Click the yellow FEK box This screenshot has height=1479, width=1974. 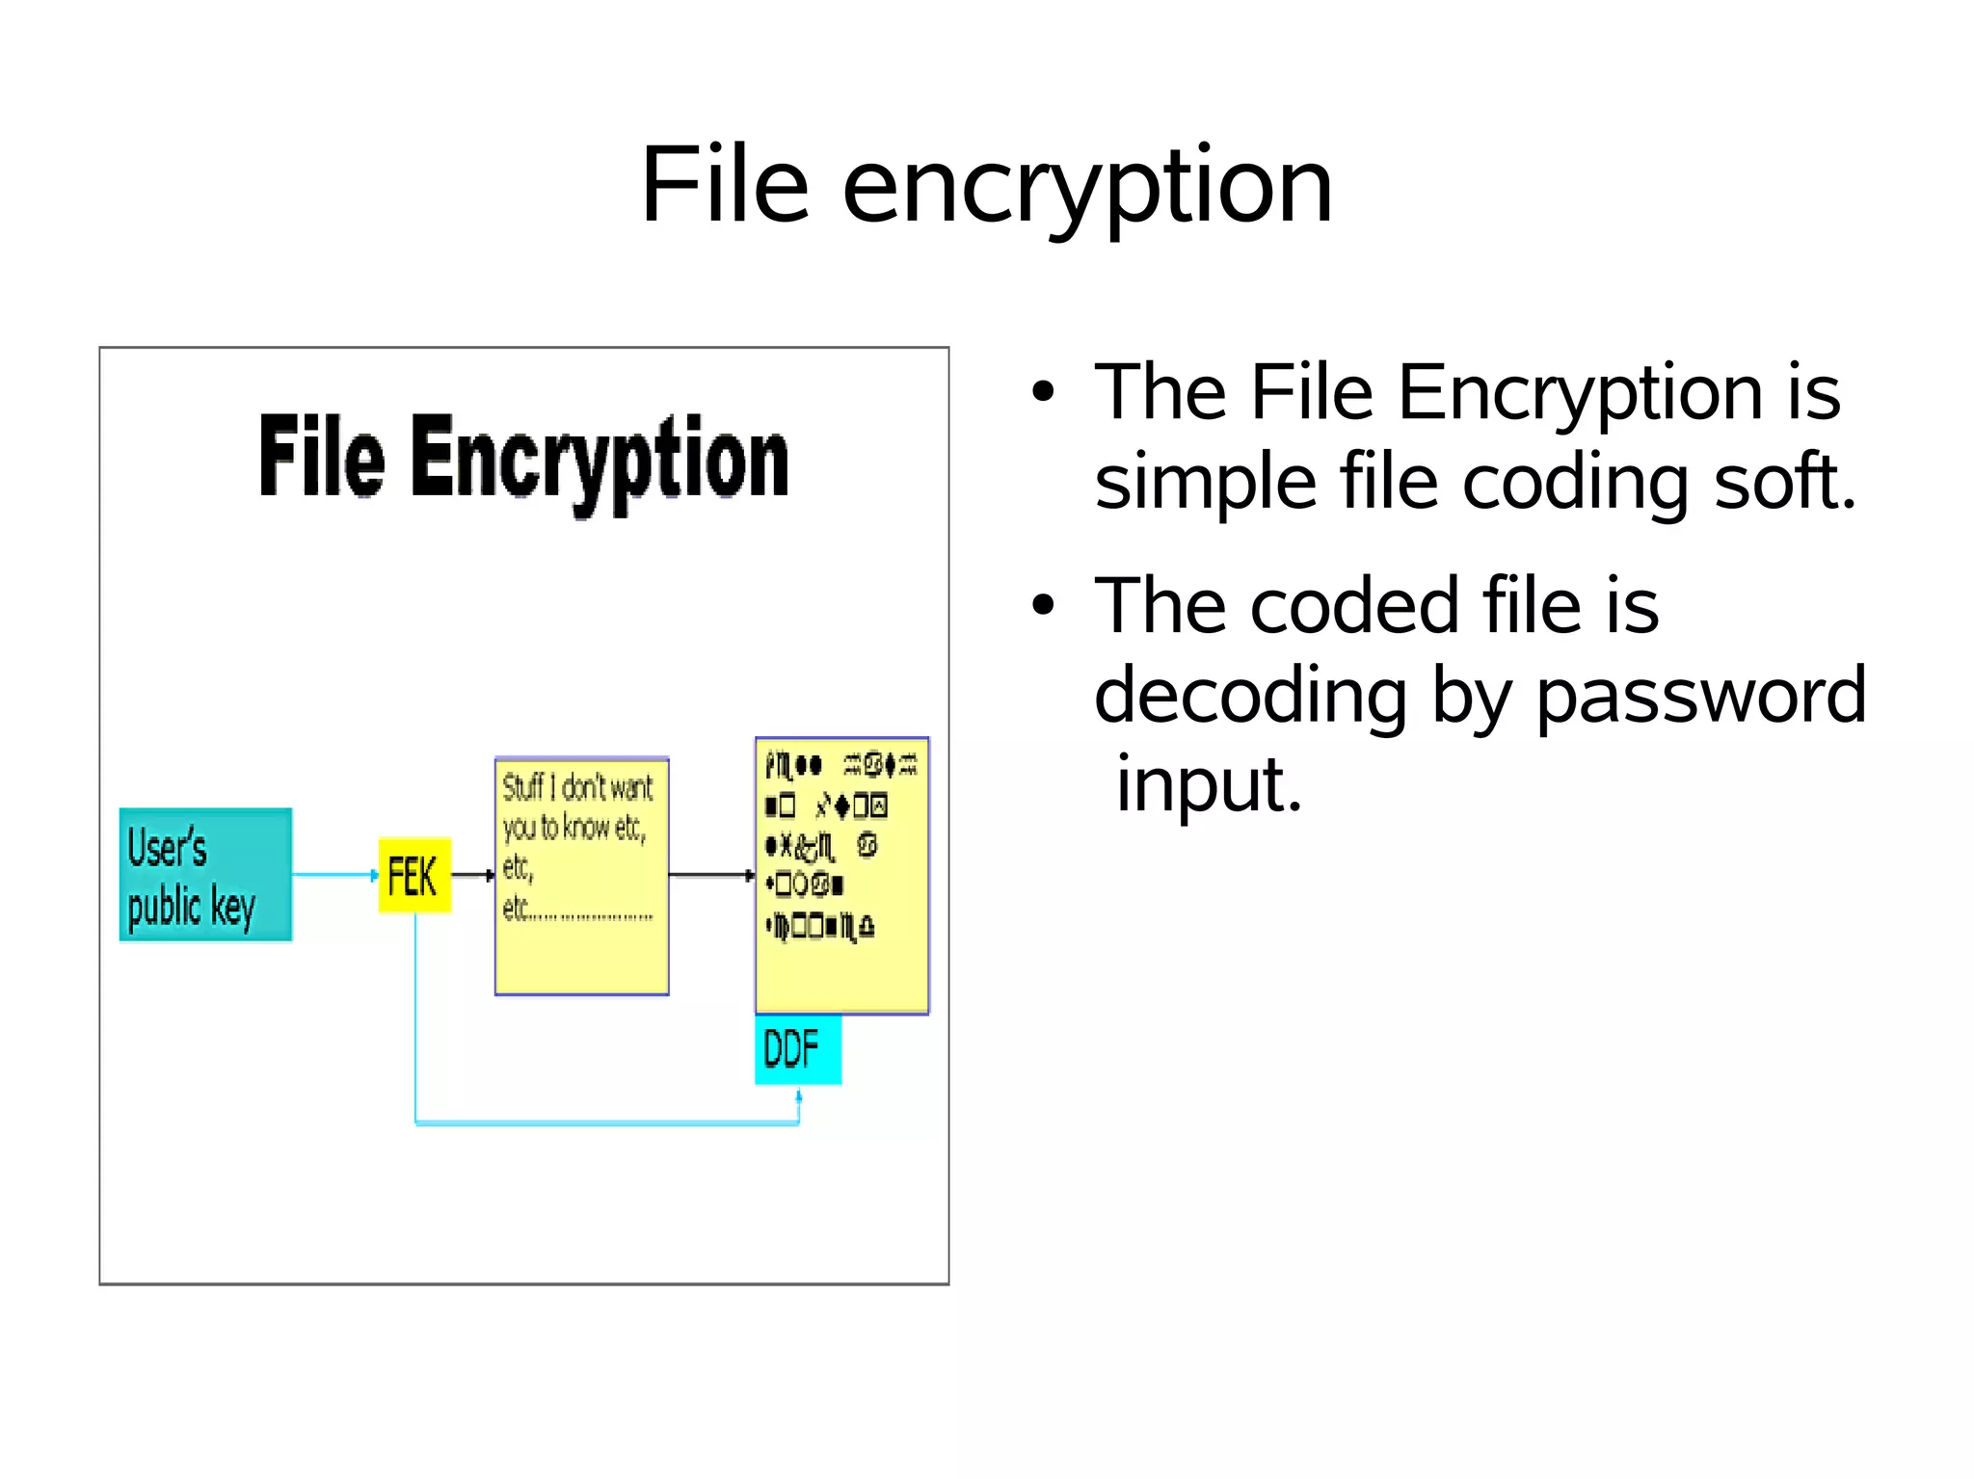point(414,875)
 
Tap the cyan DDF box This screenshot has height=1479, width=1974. point(797,1049)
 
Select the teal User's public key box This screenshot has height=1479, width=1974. point(205,875)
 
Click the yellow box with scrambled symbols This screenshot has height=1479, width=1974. point(841,875)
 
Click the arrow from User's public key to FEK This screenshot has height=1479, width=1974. point(334,875)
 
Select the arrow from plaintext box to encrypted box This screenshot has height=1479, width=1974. point(711,875)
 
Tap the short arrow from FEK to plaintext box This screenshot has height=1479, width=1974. point(472,875)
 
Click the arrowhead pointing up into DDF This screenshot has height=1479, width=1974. point(799,1096)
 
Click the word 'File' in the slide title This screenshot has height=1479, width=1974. point(725,184)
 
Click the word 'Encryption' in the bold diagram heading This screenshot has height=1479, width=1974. point(600,461)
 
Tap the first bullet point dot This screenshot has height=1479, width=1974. point(1042,392)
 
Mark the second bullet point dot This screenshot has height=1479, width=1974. point(1042,605)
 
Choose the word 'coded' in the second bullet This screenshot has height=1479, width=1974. point(1354,607)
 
